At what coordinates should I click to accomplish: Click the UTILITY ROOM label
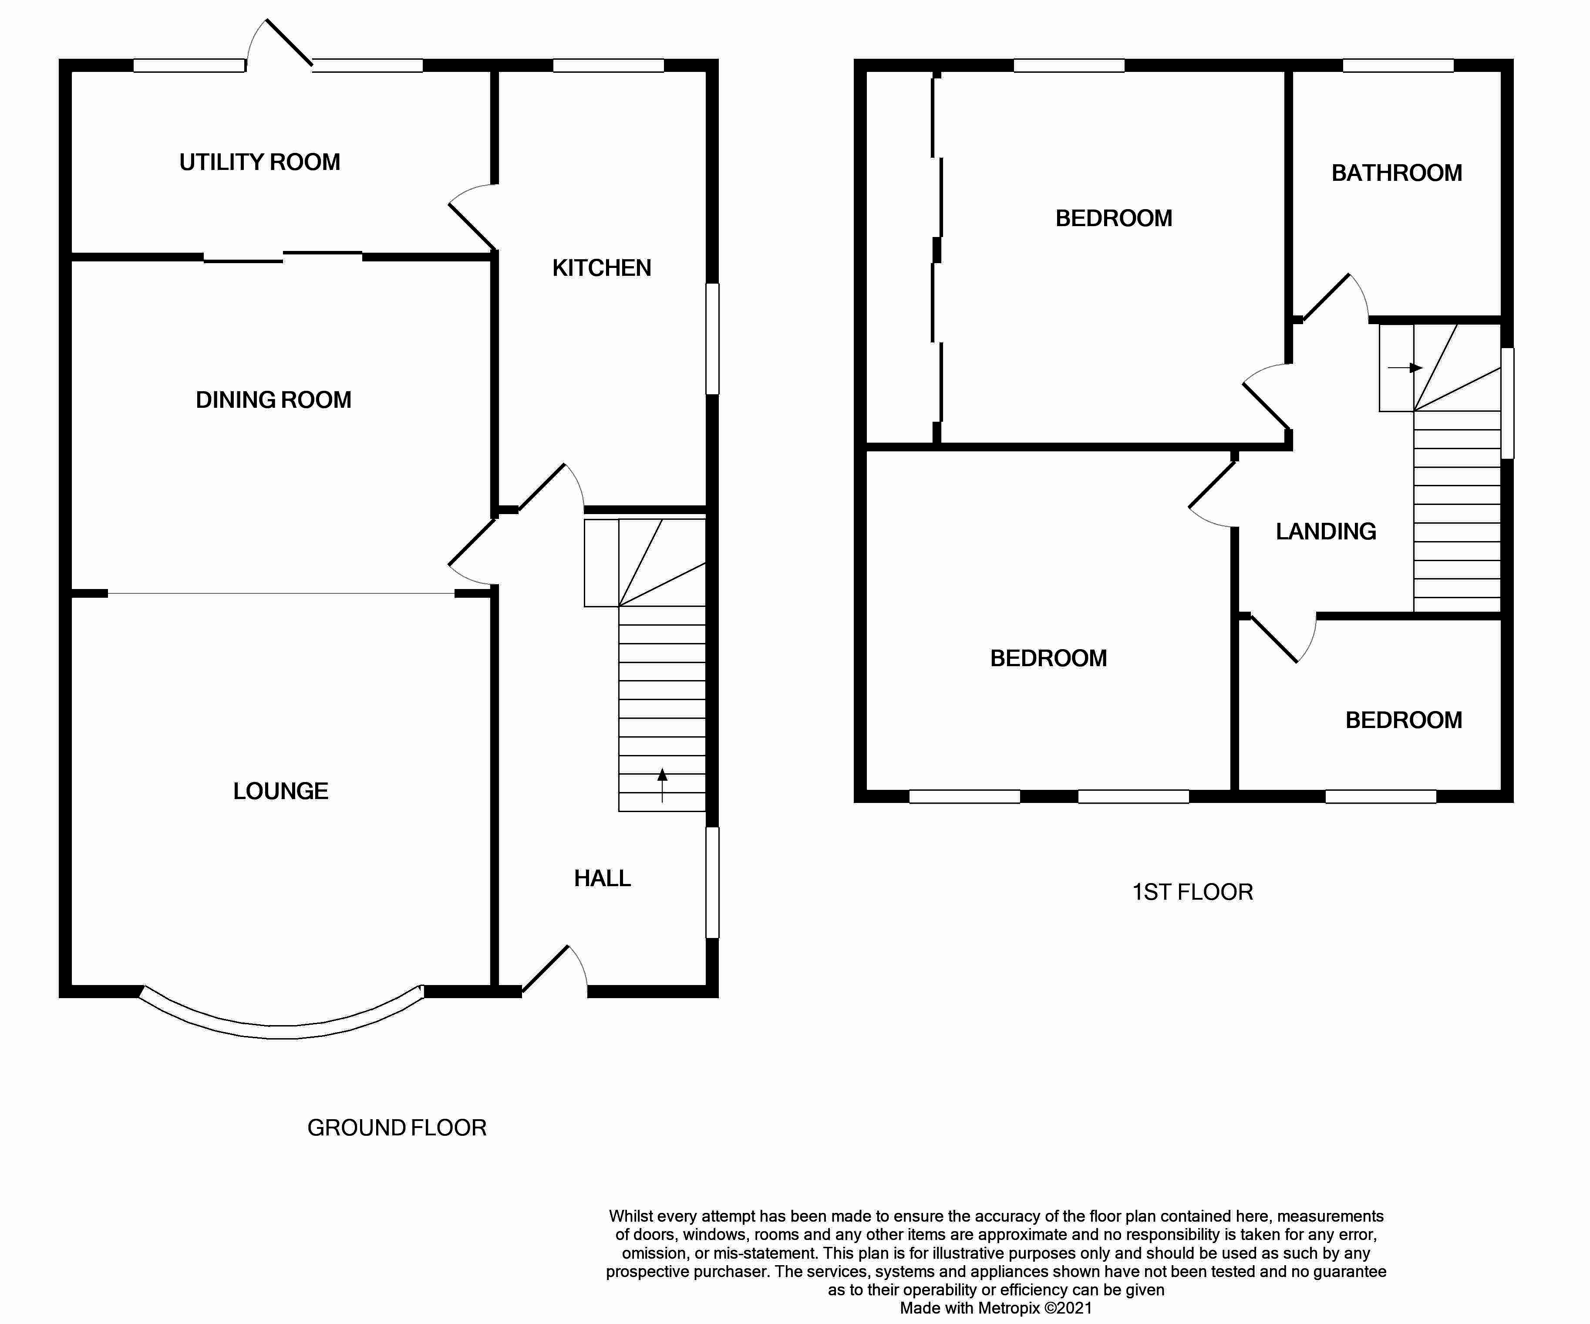pyautogui.click(x=259, y=162)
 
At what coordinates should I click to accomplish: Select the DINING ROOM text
pyautogui.click(x=273, y=400)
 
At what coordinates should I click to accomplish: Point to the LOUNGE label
pyautogui.click(x=280, y=792)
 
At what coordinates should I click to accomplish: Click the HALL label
pyautogui.click(x=602, y=879)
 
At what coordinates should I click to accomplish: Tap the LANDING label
pyautogui.click(x=1326, y=532)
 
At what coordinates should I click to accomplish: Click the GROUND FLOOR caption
pyautogui.click(x=397, y=1128)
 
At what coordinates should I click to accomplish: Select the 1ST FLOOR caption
pyautogui.click(x=1192, y=892)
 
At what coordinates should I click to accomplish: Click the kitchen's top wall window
pyautogui.click(x=608, y=66)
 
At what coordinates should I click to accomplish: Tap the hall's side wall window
pyautogui.click(x=712, y=882)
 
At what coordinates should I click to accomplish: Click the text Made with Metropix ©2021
pyautogui.click(x=996, y=1308)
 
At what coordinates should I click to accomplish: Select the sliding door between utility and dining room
pyautogui.click(x=283, y=257)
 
